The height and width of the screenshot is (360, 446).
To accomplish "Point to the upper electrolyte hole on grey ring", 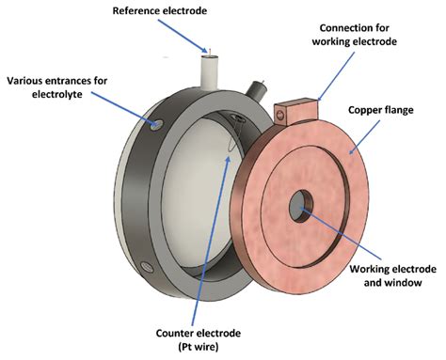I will pos(154,123).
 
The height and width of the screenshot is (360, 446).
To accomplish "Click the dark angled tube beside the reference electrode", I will pos(253,91).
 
